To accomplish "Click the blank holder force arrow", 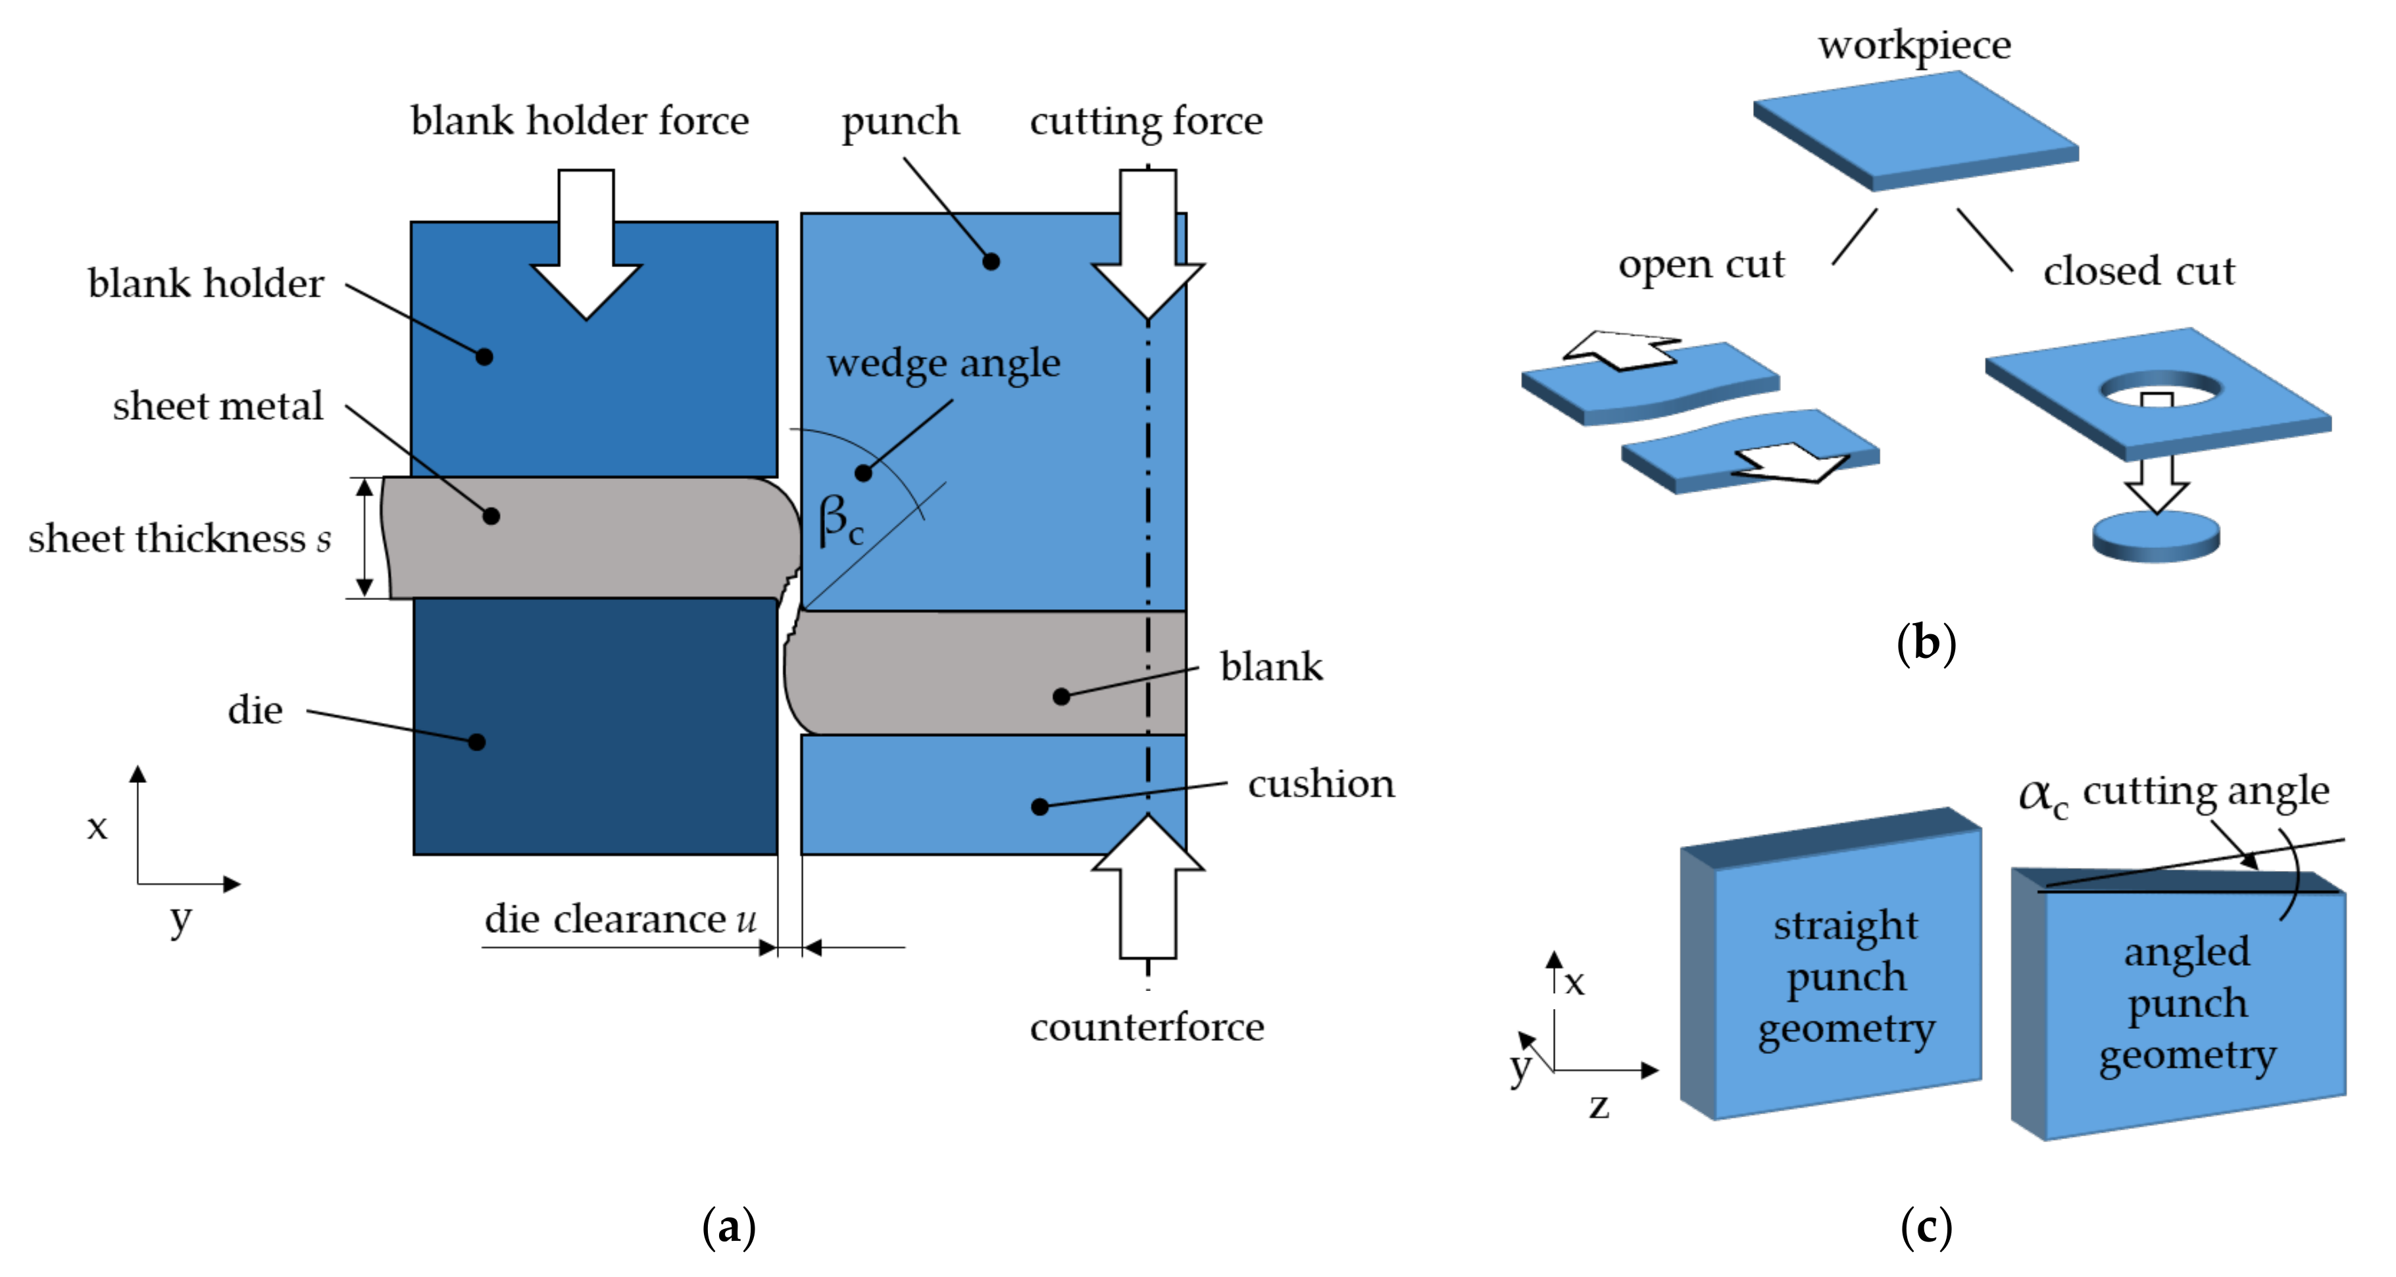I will tap(586, 251).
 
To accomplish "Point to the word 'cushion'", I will tap(1321, 784).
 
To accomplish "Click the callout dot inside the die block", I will tap(477, 742).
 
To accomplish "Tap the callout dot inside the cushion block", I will tap(1041, 807).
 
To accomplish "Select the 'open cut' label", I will tap(1701, 265).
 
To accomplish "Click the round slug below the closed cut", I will tap(2155, 538).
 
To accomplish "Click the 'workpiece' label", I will tap(1915, 45).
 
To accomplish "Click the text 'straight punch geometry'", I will tap(1846, 976).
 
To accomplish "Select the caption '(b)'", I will tap(1926, 643).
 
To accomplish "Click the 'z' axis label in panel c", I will tap(1599, 1106).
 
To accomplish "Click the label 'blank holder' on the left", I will tap(205, 284).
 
